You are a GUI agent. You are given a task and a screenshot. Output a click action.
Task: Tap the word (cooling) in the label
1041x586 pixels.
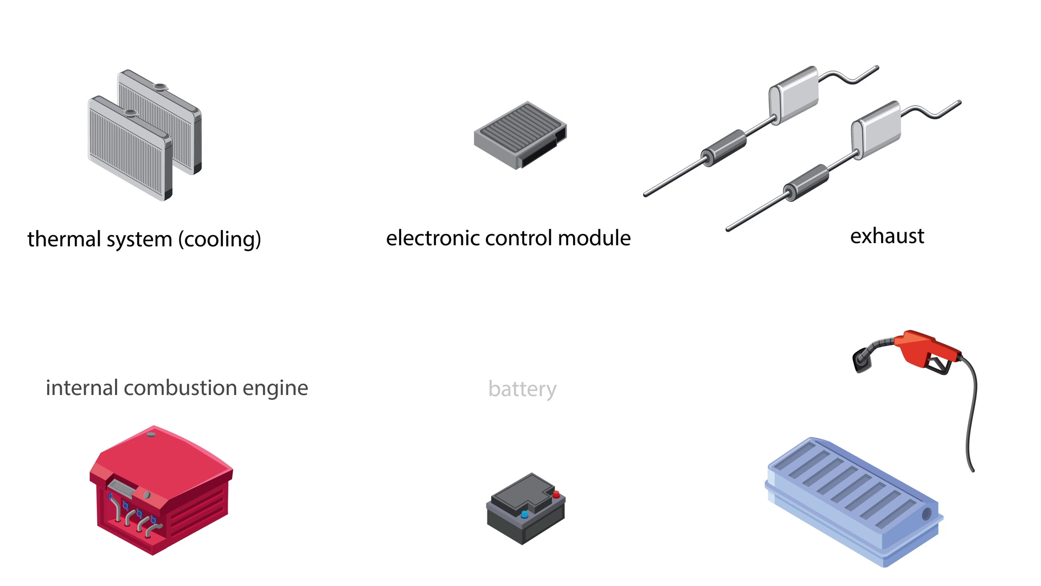tap(220, 239)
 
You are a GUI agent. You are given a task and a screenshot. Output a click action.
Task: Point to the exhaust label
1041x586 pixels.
tap(887, 236)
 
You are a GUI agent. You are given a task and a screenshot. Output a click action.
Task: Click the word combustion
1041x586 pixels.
tap(180, 388)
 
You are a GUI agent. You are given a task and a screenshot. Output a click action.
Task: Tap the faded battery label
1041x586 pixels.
tap(522, 389)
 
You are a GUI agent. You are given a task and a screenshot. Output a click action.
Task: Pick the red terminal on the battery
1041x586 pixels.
tap(556, 494)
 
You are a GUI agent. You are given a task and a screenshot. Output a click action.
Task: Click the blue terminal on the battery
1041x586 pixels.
tap(524, 514)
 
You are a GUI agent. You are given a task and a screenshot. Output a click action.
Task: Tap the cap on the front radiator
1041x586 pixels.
tap(130, 113)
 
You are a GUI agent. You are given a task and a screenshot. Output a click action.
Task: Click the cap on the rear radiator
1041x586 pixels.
tap(160, 86)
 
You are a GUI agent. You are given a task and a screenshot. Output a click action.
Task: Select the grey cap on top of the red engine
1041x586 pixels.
tap(151, 434)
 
